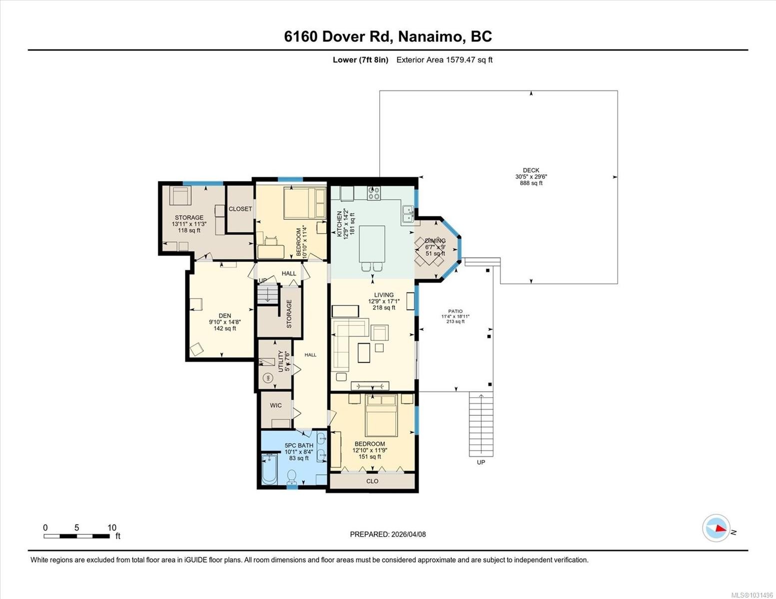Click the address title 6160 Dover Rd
tap(388, 36)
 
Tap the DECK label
tap(531, 171)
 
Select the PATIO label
tap(455, 311)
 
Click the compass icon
tap(716, 528)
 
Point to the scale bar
tap(76, 536)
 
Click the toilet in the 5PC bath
tap(292, 477)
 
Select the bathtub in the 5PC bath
tap(269, 469)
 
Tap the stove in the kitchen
tap(374, 193)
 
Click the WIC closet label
tap(276, 405)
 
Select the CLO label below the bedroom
tap(372, 481)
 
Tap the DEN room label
tap(224, 315)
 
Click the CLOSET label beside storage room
tap(240, 209)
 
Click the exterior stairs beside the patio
tap(481, 424)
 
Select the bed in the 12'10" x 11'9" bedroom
tap(381, 415)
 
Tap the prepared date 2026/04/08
tap(388, 534)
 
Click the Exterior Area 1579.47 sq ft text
tap(444, 60)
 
